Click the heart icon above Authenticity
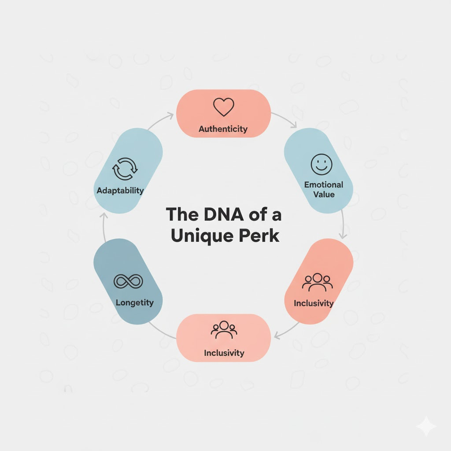pyautogui.click(x=223, y=107)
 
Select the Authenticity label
pyautogui.click(x=223, y=129)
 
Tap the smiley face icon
pyautogui.click(x=322, y=164)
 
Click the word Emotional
pyautogui.click(x=323, y=185)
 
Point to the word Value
pyautogui.click(x=324, y=194)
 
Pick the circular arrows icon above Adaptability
pyautogui.click(x=126, y=169)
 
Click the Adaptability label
pyautogui.click(x=120, y=191)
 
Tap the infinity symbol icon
pyautogui.click(x=128, y=281)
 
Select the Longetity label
pyautogui.click(x=134, y=303)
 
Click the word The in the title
pyautogui.click(x=182, y=214)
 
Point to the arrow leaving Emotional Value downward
pyautogui.click(x=343, y=225)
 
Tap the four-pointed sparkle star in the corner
pyautogui.click(x=426, y=426)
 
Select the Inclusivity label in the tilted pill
pyautogui.click(x=314, y=303)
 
